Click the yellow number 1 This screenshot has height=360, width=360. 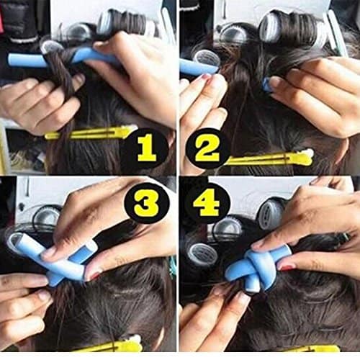point(147,148)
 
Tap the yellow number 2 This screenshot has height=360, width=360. point(207,148)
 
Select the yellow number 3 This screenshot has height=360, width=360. point(146,203)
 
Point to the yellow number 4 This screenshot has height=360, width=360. point(206,202)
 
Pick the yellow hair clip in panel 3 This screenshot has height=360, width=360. point(113,346)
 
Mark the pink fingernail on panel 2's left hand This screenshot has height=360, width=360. point(207,77)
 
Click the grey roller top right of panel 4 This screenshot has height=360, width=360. point(271,214)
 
